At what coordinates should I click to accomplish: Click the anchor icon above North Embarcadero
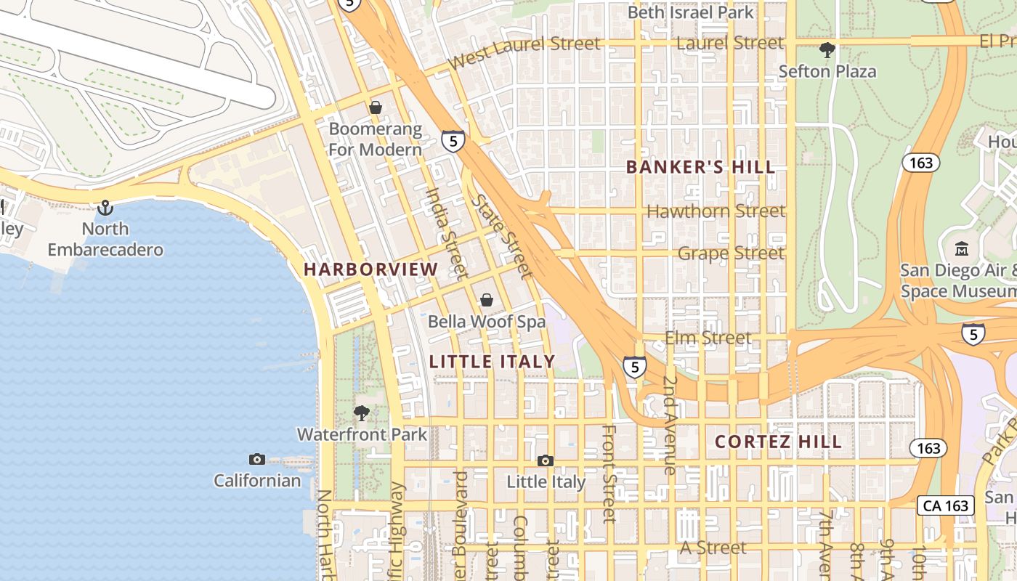pyautogui.click(x=105, y=208)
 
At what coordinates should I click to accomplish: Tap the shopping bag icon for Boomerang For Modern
pyautogui.click(x=376, y=108)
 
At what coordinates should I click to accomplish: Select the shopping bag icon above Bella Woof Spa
pyautogui.click(x=487, y=300)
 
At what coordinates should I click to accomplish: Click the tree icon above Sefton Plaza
pyautogui.click(x=827, y=50)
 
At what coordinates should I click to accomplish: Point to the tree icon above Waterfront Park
pyautogui.click(x=361, y=414)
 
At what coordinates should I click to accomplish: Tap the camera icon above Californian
pyautogui.click(x=256, y=459)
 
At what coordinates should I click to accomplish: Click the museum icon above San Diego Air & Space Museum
pyautogui.click(x=962, y=249)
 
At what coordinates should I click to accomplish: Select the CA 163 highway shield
pyautogui.click(x=947, y=505)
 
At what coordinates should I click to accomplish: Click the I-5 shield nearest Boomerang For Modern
pyautogui.click(x=453, y=141)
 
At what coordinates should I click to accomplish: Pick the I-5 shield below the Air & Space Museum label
pyautogui.click(x=973, y=334)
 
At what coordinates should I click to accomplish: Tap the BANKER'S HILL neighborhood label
pyautogui.click(x=700, y=167)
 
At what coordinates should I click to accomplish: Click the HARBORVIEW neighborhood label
pyautogui.click(x=370, y=269)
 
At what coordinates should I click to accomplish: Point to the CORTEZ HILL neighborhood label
pyautogui.click(x=778, y=442)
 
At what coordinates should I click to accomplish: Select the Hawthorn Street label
pyautogui.click(x=716, y=211)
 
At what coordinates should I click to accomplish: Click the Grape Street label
pyautogui.click(x=731, y=253)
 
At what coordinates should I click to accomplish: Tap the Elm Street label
pyautogui.click(x=708, y=338)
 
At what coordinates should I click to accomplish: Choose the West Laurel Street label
pyautogui.click(x=524, y=53)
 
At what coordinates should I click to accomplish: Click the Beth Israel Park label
pyautogui.click(x=690, y=12)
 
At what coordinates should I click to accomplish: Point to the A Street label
pyautogui.click(x=713, y=548)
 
